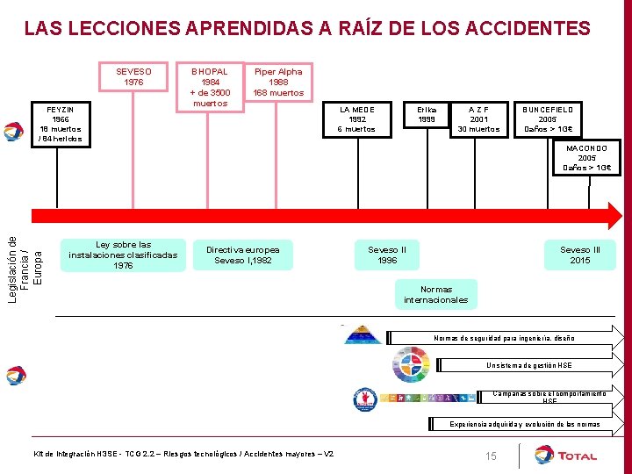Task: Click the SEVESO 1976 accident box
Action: click(x=134, y=77)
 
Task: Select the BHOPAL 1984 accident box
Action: click(x=210, y=87)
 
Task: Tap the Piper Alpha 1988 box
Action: click(x=278, y=82)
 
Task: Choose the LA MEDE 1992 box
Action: click(x=356, y=119)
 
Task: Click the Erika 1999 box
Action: click(x=427, y=114)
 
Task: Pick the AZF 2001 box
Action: click(x=478, y=119)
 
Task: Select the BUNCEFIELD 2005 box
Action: click(x=549, y=119)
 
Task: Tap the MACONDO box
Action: click(x=587, y=158)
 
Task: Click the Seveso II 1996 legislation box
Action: click(x=387, y=255)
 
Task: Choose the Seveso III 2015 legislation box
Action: click(x=580, y=255)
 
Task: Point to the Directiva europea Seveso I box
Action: click(x=243, y=255)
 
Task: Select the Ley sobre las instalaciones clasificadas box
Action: click(x=123, y=255)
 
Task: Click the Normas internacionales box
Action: click(x=436, y=294)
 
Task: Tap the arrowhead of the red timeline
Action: click(x=614, y=215)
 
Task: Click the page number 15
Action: click(x=491, y=456)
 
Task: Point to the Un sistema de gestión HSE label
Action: click(x=529, y=365)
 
